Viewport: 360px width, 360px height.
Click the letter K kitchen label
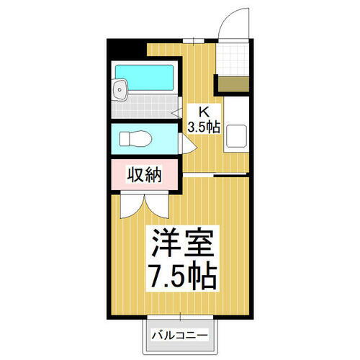click(x=203, y=112)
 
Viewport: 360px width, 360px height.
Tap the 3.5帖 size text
click(x=203, y=127)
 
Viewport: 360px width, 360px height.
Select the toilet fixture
click(x=133, y=138)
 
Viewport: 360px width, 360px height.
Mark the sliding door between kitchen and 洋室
click(x=212, y=176)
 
